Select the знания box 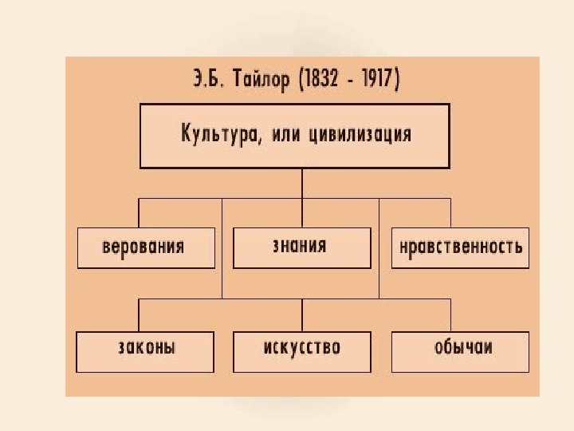(x=301, y=247)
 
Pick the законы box (x=144, y=351)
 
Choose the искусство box (x=301, y=351)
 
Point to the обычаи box (x=460, y=351)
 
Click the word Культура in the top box (x=213, y=134)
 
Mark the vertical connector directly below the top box (x=301, y=183)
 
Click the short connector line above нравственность (x=450, y=213)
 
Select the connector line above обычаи (x=450, y=315)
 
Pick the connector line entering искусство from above (x=301, y=315)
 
